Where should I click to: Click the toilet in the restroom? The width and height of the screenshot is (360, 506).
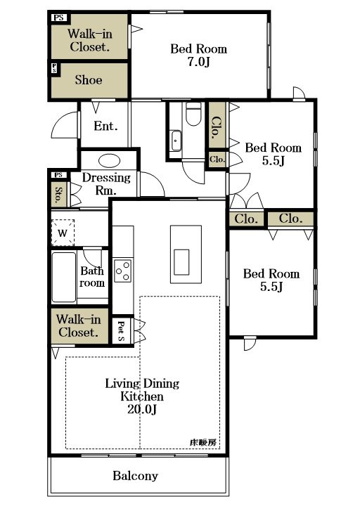193,113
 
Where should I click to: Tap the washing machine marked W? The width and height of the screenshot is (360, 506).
63,233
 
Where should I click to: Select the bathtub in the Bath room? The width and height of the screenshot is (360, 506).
64,277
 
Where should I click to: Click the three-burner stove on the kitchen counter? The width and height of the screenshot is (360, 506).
122,271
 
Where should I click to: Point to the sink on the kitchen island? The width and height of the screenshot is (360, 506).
181,262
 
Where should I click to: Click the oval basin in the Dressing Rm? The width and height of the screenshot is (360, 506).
109,161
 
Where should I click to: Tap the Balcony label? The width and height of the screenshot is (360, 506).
135,476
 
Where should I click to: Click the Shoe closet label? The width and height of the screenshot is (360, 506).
89,79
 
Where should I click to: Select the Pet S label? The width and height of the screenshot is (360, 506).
121,331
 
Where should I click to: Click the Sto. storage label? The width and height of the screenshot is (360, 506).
59,195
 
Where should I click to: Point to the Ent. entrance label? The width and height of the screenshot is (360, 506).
105,126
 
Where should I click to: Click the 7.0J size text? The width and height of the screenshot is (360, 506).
198,61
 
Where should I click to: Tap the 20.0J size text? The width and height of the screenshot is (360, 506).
142,409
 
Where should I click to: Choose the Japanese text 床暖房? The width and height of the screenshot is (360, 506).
203,443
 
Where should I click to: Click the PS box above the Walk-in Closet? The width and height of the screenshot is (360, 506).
59,18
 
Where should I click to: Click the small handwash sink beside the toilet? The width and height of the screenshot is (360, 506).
176,141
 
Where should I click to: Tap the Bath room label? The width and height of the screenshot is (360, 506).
92,277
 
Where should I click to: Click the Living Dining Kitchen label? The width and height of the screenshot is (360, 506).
142,390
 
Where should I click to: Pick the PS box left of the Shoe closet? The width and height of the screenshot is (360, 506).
54,68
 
